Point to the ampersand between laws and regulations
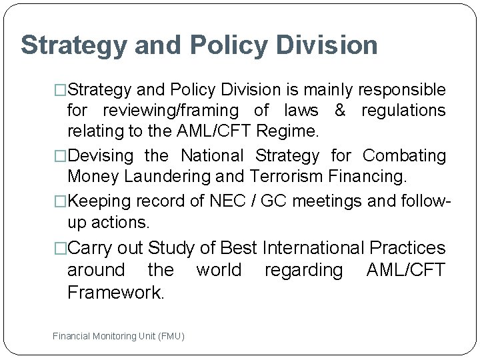[340, 111]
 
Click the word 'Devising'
[101, 156]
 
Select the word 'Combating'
[404, 156]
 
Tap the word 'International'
[313, 248]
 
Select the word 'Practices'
[407, 248]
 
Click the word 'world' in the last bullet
[219, 270]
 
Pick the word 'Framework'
[115, 293]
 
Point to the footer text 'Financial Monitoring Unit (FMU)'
[119, 336]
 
